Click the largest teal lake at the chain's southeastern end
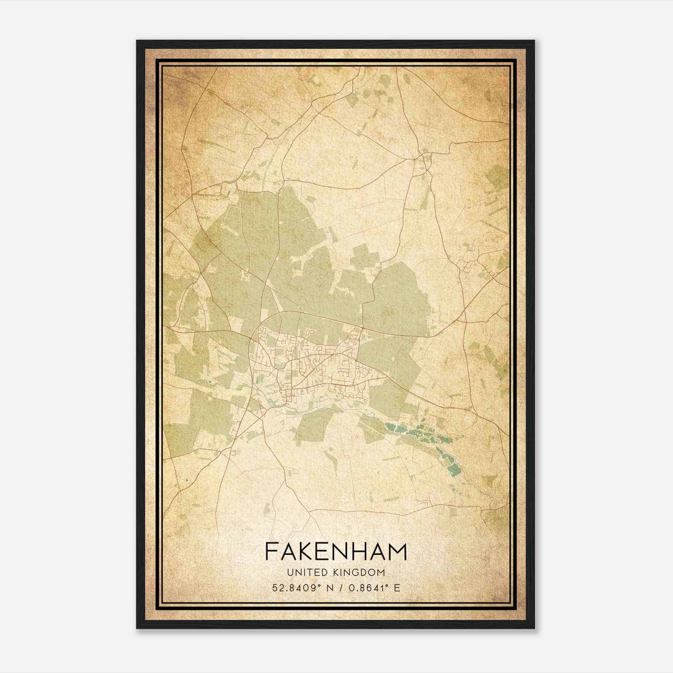[x=453, y=470]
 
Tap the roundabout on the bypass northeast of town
[x=363, y=328]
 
